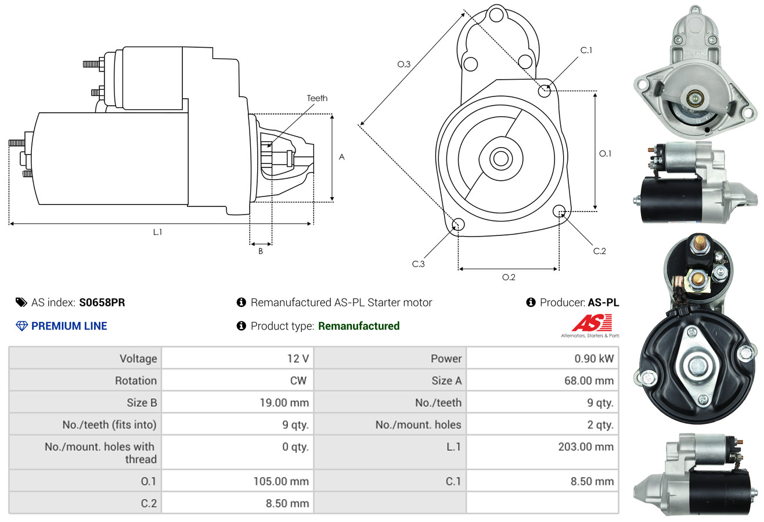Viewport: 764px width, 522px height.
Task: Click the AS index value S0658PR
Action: tap(102, 302)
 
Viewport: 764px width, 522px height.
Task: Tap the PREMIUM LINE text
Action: tap(69, 326)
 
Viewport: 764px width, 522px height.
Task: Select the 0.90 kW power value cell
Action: tap(594, 359)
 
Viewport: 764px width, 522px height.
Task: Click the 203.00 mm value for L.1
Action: tap(586, 446)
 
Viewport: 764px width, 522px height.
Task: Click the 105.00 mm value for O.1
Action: tap(281, 481)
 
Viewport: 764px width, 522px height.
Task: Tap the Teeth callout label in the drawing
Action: tap(317, 98)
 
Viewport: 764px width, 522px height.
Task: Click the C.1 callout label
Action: tap(586, 50)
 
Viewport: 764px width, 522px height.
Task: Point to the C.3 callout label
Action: tap(419, 264)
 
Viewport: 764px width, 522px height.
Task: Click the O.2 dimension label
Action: tap(509, 277)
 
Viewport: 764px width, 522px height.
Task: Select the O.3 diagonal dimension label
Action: tap(404, 64)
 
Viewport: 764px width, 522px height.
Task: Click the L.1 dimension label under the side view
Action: tap(157, 232)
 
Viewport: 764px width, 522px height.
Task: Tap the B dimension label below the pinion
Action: tap(261, 252)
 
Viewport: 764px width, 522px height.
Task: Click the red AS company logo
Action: tap(592, 323)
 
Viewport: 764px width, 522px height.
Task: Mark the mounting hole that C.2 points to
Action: tap(560, 210)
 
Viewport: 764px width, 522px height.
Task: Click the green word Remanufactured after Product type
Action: tap(359, 326)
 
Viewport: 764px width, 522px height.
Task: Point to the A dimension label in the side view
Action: tap(342, 157)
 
